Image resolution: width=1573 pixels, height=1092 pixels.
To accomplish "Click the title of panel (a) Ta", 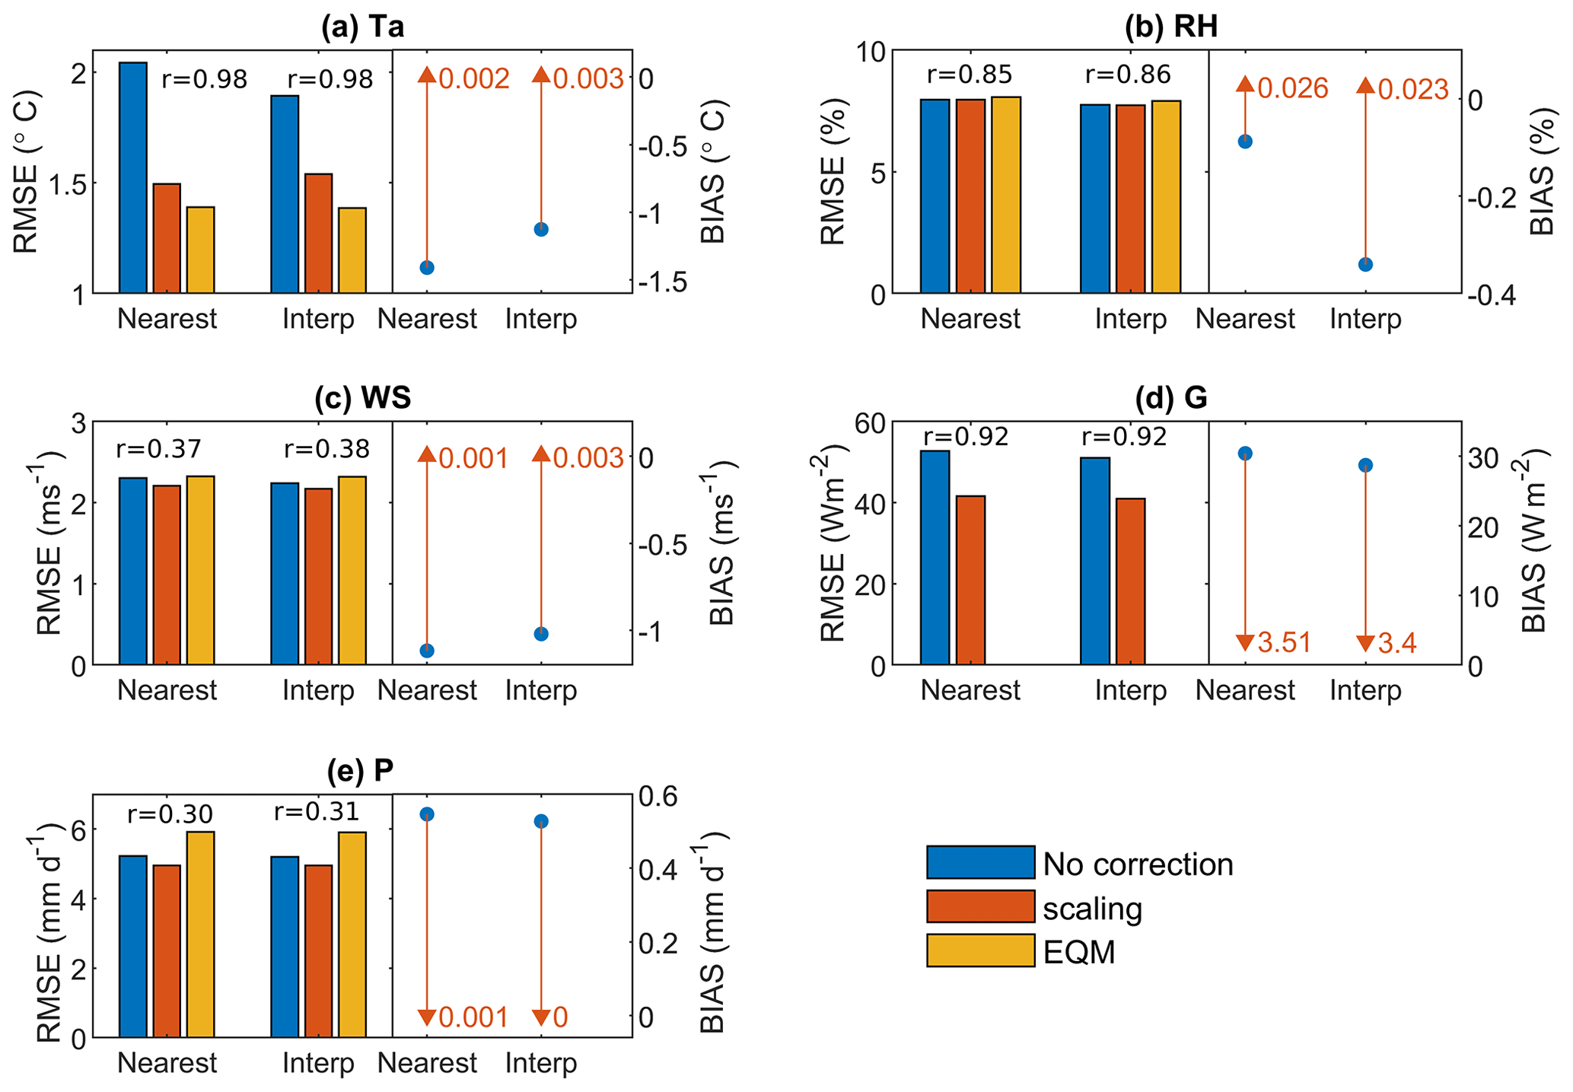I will click(362, 27).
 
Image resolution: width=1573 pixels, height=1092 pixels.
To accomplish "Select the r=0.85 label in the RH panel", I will click(970, 75).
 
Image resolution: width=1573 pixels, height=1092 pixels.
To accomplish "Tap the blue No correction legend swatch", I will click(980, 862).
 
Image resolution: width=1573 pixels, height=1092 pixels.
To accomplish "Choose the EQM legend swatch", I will click(980, 950).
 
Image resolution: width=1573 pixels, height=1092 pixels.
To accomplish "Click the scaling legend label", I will click(1092, 909).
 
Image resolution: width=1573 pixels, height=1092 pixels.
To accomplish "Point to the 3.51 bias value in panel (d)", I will click(1285, 643).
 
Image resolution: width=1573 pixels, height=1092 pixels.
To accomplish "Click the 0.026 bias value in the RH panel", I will click(1293, 89).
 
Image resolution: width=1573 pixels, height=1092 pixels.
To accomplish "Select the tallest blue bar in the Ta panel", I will click(133, 177).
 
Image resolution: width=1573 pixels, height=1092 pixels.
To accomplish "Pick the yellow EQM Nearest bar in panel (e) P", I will click(200, 934).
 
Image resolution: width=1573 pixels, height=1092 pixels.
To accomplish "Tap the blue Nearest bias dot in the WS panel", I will click(427, 651).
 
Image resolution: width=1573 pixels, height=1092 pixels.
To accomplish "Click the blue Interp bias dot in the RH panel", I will click(1365, 265).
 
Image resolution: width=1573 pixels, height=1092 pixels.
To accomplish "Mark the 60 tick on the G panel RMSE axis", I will click(870, 422).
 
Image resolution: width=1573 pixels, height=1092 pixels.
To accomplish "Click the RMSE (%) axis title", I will click(833, 172).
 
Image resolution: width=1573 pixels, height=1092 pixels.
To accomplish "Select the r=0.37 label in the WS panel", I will click(158, 449).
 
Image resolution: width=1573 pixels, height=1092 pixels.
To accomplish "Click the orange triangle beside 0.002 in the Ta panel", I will click(427, 75).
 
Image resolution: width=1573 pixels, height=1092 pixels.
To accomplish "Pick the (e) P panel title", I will click(360, 771).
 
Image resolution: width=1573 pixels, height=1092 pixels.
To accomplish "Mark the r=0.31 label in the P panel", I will click(317, 812).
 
